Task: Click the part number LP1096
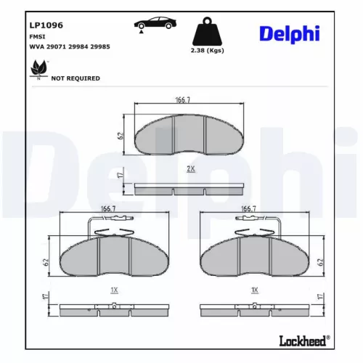(46, 25)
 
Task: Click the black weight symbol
(205, 33)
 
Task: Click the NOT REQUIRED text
(76, 78)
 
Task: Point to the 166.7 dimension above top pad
(181, 100)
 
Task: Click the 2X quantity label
(191, 168)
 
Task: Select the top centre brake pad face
(188, 136)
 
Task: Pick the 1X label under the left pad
(113, 290)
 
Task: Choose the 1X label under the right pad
(255, 290)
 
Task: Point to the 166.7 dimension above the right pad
(248, 208)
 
